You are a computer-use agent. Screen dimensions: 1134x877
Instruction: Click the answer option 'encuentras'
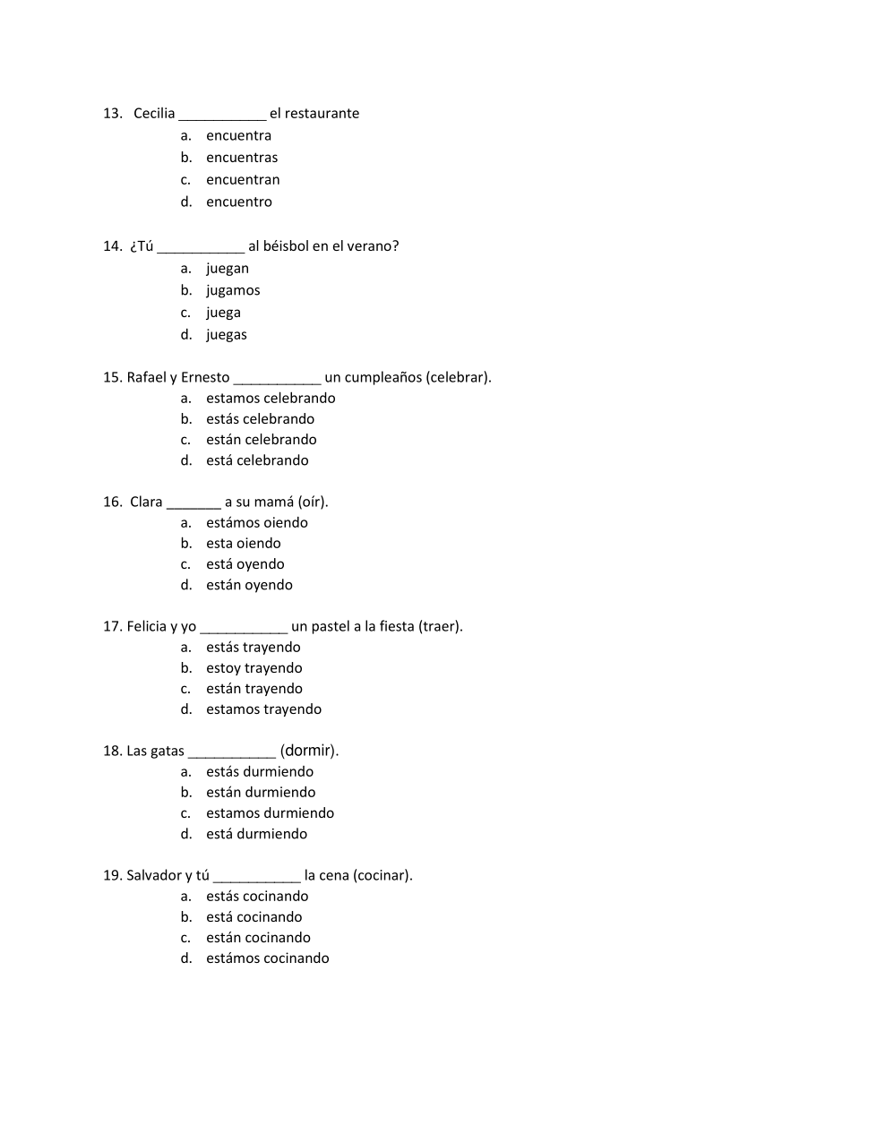point(241,158)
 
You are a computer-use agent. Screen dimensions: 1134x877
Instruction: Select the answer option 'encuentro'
point(238,202)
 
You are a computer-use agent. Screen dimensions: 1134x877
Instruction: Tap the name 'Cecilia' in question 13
point(154,114)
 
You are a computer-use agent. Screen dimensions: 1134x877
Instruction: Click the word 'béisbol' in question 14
point(285,246)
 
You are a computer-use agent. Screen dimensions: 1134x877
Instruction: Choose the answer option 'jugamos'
point(233,290)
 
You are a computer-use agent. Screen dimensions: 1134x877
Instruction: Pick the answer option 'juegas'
point(226,335)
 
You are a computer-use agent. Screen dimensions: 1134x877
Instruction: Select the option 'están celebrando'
point(261,440)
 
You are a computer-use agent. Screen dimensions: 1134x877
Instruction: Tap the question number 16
point(112,502)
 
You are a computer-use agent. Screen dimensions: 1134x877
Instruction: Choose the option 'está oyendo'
point(245,564)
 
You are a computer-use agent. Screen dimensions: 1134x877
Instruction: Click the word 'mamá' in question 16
point(275,502)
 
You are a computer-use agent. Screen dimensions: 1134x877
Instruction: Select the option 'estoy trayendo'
point(254,668)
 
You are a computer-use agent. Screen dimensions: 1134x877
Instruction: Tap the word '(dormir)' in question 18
point(309,751)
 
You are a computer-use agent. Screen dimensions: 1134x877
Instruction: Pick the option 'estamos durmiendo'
point(270,813)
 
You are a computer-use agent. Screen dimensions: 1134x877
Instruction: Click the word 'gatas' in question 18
point(167,751)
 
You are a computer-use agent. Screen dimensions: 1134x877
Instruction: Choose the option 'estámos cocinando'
point(267,958)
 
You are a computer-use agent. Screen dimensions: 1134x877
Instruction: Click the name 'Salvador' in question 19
point(154,875)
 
